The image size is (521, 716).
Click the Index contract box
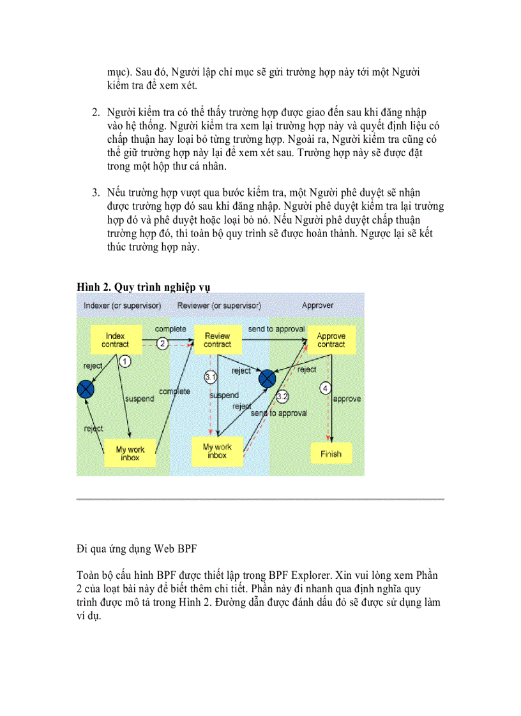pos(115,340)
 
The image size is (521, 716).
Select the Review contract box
pos(217,340)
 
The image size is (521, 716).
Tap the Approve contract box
pos(331,340)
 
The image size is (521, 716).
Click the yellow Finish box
pos(330,454)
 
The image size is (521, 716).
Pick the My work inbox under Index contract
pos(130,453)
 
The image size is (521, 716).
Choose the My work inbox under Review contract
pos(217,451)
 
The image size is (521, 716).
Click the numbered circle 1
pos(126,362)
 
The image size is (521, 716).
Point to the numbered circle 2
pos(163,344)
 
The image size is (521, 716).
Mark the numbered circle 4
pos(326,388)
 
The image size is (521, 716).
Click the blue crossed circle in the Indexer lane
pos(86,388)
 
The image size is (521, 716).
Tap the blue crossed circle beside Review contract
pos(267,379)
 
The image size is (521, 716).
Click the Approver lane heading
pos(317,305)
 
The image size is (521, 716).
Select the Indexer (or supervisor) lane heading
pos(122,305)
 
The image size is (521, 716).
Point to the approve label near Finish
pos(347,399)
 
